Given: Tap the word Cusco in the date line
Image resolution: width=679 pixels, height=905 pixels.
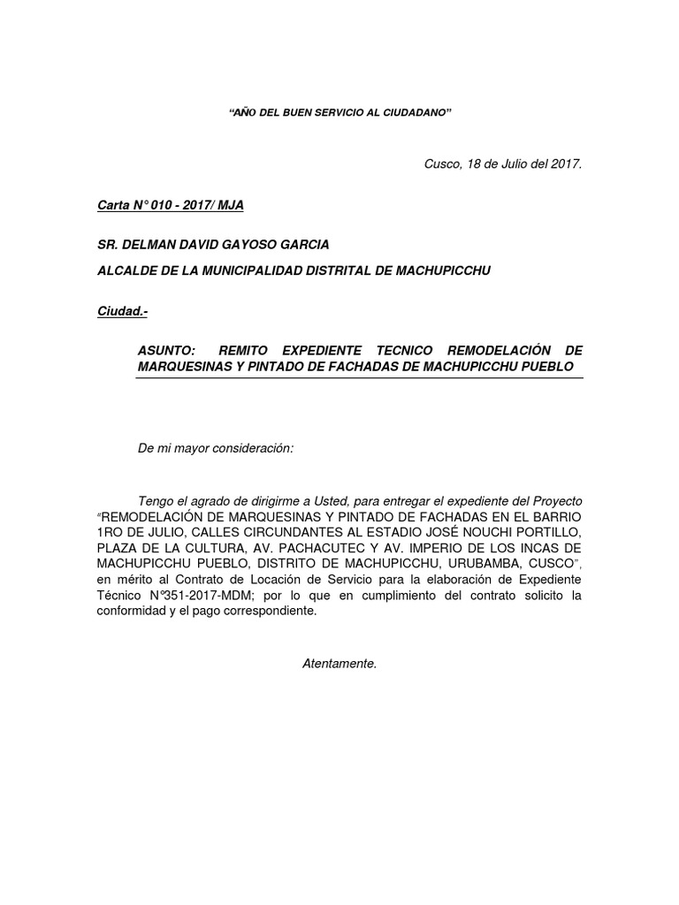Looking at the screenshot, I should coord(442,164).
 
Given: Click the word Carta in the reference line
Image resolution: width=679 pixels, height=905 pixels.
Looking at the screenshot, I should coord(112,206).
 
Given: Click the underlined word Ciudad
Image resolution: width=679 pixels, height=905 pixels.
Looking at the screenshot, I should coord(116,312).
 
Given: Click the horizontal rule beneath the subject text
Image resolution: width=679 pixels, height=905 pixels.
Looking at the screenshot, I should coord(359,378).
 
